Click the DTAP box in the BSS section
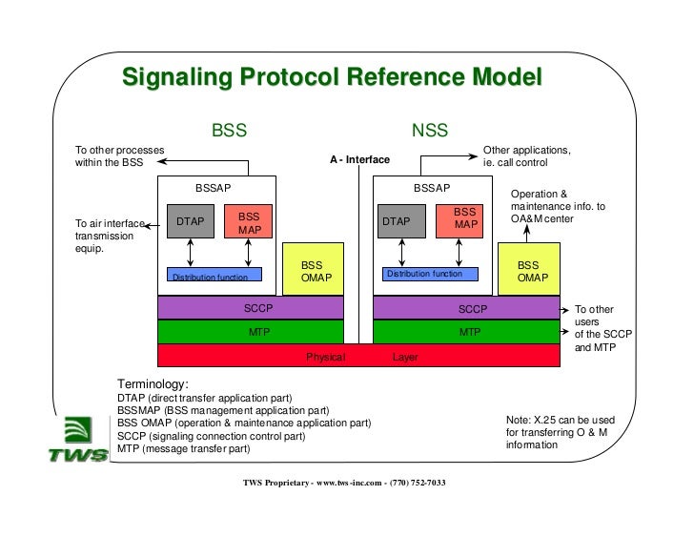click(191, 222)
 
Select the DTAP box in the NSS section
click(397, 222)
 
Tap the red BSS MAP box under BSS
click(249, 222)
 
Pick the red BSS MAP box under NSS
click(464, 219)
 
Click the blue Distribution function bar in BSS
click(214, 276)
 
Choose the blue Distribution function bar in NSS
click(429, 274)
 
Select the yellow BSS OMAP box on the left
click(313, 270)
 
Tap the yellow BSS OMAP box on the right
click(528, 270)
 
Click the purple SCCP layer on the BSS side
click(251, 308)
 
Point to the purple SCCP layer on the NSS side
click(466, 308)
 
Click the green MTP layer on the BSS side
click(251, 332)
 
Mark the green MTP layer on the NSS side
click(466, 332)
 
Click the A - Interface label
click(359, 160)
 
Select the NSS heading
click(429, 131)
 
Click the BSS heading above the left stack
click(229, 131)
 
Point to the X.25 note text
click(560, 432)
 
